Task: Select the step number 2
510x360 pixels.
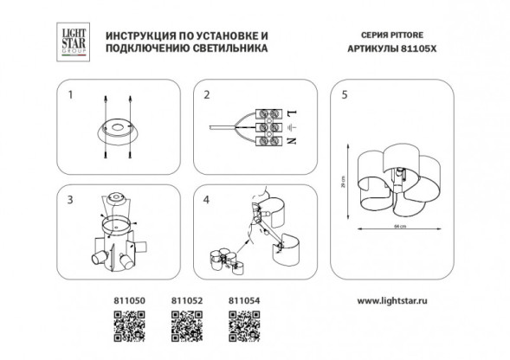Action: click(206, 96)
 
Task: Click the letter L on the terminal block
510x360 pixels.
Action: click(290, 113)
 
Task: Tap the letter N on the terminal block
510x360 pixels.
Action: click(290, 141)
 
